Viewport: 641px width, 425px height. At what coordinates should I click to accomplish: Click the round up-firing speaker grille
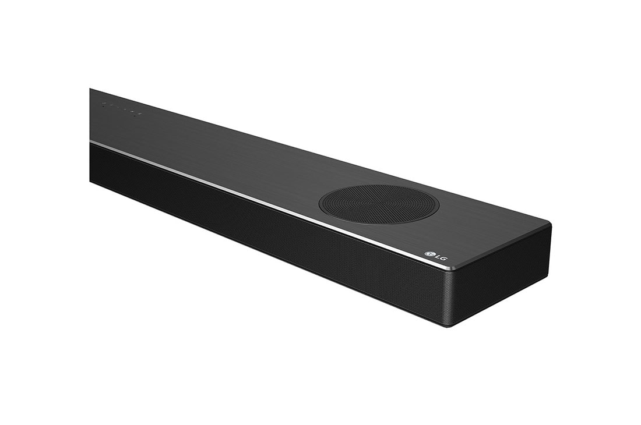379,204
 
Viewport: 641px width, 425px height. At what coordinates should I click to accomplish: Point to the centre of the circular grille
379,204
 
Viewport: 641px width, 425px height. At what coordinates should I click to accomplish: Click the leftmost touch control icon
103,104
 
